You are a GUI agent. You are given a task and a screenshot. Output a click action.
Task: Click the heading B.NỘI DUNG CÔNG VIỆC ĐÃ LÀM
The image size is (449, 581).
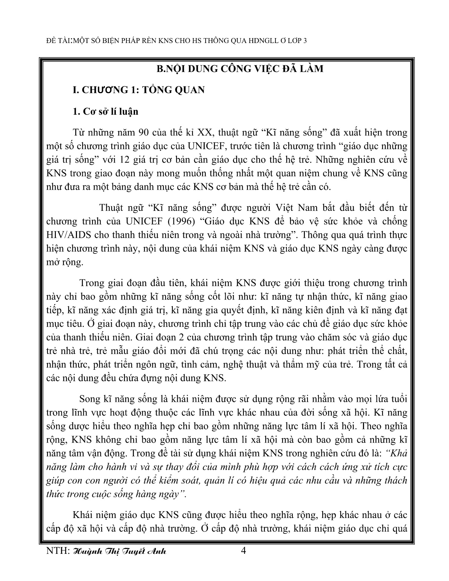(x=240, y=69)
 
